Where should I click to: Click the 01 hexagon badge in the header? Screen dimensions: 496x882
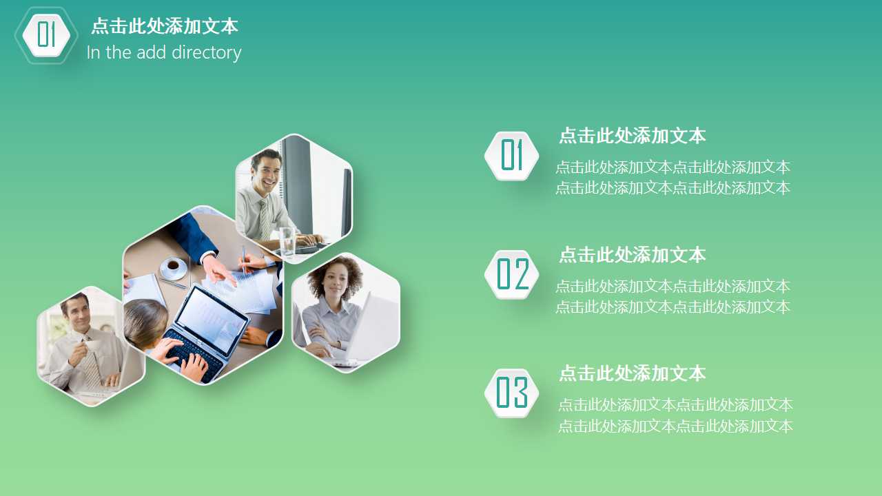coord(46,34)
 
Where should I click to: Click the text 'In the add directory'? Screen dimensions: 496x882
coord(164,52)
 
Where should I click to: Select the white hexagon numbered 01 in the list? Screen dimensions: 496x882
coord(512,156)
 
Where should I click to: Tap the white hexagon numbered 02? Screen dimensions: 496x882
coord(512,274)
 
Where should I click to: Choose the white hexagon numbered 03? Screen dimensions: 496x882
coord(512,393)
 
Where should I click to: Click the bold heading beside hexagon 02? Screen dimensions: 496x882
coord(632,255)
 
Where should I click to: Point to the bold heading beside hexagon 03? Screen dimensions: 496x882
coord(632,373)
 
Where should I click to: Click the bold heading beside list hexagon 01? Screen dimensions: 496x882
coord(632,136)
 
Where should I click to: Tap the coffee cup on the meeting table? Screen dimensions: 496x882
coord(172,266)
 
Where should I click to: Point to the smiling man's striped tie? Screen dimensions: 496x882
coord(265,218)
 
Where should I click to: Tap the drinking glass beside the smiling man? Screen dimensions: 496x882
coord(287,242)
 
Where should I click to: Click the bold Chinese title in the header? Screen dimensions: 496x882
coord(164,26)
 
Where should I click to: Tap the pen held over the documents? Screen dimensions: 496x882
coord(243,259)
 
